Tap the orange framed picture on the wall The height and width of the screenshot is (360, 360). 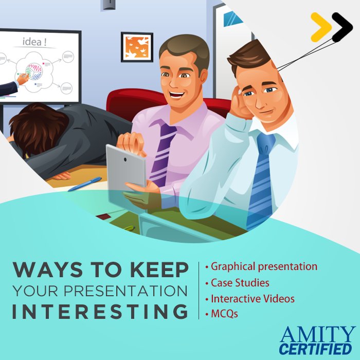tap(137, 47)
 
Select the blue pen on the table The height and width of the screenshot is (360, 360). tap(85, 184)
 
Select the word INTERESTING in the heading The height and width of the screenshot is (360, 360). tap(100, 311)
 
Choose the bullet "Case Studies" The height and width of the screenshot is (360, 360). tap(240, 282)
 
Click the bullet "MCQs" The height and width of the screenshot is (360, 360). tap(224, 313)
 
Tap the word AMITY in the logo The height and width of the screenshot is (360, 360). tap(317, 334)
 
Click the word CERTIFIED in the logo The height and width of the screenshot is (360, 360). tap(317, 349)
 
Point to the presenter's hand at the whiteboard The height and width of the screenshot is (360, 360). tap(22, 78)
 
